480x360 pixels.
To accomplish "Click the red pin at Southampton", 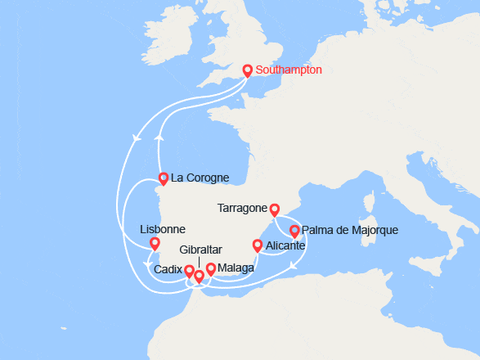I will [248, 71].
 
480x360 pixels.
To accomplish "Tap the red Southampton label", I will [289, 70].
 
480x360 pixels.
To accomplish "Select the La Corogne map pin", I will [163, 178].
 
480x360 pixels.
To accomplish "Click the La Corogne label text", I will [200, 178].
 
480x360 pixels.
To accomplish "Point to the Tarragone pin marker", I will [275, 209].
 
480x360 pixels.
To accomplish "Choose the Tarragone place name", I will [243, 208].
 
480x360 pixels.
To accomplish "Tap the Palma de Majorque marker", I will [294, 231].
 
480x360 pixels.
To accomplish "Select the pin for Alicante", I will [257, 245].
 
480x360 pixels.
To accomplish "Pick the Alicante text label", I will [286, 245].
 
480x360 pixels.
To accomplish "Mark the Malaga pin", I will [210, 268].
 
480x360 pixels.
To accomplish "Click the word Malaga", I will [236, 268].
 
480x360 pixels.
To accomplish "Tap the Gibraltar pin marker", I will [199, 277].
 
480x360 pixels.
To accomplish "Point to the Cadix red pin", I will [189, 271].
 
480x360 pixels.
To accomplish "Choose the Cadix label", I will [168, 269].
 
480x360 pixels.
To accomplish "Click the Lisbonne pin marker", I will [155, 243].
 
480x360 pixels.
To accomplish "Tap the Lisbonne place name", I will [163, 229].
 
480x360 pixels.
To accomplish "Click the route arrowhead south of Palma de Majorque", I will [293, 264].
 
